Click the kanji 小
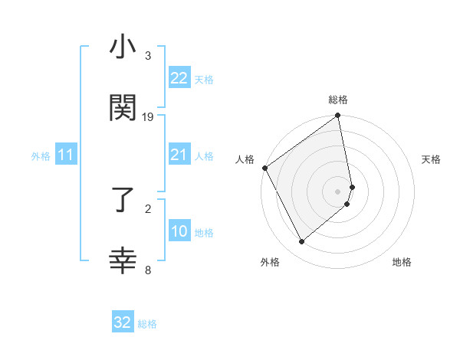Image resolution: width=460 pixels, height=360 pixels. (x=123, y=48)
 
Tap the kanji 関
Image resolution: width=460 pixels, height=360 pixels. (x=123, y=108)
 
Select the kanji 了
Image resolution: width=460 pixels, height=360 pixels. (x=123, y=201)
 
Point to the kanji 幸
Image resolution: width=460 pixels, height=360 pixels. (x=123, y=261)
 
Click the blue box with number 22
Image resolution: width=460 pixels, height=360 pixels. (x=179, y=78)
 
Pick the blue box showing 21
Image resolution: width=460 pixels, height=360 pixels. (x=179, y=155)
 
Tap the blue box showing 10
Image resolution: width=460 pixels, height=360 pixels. (x=179, y=231)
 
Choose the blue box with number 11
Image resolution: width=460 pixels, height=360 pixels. (x=65, y=155)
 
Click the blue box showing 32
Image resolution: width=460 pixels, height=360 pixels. (x=123, y=322)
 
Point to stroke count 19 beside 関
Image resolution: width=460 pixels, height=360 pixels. (x=148, y=117)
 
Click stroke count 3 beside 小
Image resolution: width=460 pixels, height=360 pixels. (x=148, y=56)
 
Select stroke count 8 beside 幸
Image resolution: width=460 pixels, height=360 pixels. (x=148, y=269)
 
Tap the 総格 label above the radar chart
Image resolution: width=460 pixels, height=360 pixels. (x=338, y=100)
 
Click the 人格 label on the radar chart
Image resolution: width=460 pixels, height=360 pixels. (x=245, y=159)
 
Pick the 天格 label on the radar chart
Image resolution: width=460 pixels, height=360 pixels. (x=431, y=159)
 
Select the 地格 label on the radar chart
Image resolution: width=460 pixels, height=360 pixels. (x=402, y=262)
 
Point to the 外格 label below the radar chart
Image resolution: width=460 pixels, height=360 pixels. (x=270, y=262)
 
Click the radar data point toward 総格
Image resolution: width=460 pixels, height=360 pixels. (x=337, y=116)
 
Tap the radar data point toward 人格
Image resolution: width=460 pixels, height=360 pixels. (x=264, y=168)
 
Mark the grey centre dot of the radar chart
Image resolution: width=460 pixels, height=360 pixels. (x=337, y=191)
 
